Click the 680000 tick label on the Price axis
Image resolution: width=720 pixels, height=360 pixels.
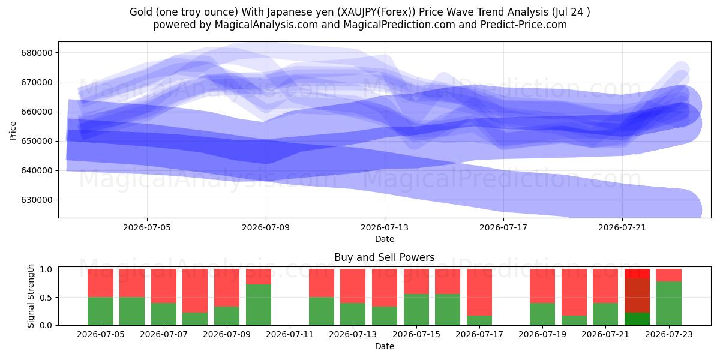tap(37, 53)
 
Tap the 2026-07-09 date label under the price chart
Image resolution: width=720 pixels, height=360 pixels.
tap(266, 227)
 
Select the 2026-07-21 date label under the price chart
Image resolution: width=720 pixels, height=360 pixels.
tap(622, 227)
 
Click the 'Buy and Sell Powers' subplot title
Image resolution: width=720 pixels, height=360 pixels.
tap(385, 257)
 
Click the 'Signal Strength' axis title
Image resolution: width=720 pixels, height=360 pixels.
tap(31, 296)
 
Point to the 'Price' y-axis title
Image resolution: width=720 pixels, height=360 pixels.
tap(13, 131)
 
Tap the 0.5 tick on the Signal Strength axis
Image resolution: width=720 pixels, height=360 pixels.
tap(47, 298)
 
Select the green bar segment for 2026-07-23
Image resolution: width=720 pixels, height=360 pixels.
tap(668, 304)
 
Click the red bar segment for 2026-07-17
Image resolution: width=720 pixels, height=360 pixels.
tap(479, 292)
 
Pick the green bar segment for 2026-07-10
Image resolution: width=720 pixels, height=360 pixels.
tap(259, 305)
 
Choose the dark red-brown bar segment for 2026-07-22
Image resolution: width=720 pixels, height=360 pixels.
tap(637, 295)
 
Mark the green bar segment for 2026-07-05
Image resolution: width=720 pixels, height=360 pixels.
tap(100, 311)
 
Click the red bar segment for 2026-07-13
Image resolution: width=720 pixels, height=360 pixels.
tap(353, 286)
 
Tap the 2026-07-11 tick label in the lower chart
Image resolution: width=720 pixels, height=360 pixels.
tap(290, 334)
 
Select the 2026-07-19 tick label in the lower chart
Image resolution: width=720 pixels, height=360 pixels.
tap(542, 334)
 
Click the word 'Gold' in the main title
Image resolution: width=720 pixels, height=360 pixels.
tap(139, 12)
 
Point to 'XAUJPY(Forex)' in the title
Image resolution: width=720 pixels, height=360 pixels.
tap(376, 12)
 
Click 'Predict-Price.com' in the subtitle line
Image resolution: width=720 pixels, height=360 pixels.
tap(524, 25)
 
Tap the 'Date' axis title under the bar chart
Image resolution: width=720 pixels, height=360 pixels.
tap(385, 346)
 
